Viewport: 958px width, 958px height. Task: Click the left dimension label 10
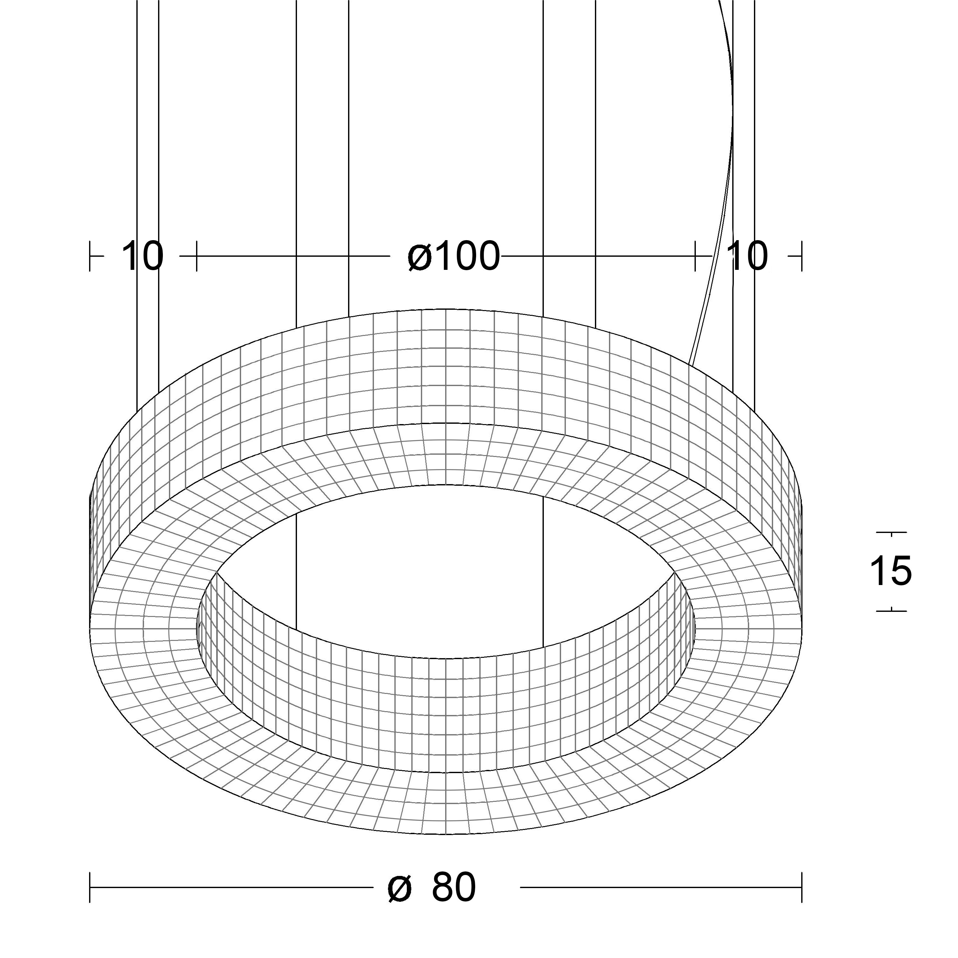[x=142, y=256]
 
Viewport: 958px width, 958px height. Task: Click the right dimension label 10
[x=749, y=256]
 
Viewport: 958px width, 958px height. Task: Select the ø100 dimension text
[x=454, y=256]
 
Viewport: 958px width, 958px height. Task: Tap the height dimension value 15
[x=891, y=571]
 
